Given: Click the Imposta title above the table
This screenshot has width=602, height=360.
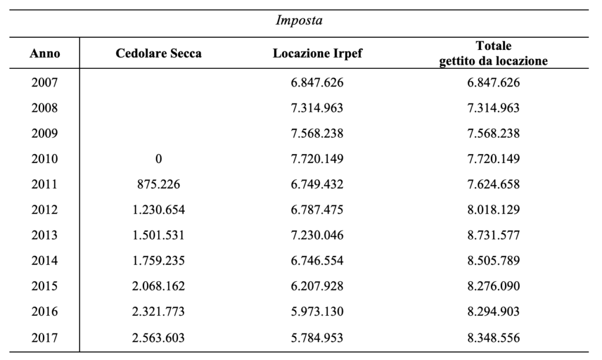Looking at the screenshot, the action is click(x=299, y=20).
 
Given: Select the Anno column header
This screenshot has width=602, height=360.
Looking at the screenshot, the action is click(x=45, y=53).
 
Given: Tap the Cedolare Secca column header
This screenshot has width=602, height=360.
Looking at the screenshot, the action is click(x=159, y=53).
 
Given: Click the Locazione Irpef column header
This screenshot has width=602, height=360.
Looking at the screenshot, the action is click(x=317, y=53).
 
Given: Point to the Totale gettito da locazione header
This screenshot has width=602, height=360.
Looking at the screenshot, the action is click(x=493, y=53).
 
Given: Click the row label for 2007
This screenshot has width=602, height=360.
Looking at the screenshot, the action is click(x=45, y=82).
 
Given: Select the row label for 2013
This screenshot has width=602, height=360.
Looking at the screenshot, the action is click(x=45, y=235).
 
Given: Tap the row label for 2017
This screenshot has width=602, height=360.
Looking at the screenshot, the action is click(x=45, y=337).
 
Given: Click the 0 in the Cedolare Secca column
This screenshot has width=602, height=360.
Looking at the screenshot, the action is click(x=159, y=159).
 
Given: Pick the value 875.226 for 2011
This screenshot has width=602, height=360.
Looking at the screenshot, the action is click(x=159, y=184).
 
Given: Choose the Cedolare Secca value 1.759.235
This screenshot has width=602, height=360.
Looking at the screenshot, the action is click(x=159, y=261).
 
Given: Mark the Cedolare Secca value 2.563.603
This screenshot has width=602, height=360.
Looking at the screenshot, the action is click(x=159, y=337).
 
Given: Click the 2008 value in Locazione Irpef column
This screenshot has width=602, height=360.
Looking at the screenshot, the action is click(x=317, y=108).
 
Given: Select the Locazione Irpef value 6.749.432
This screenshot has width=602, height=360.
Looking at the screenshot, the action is click(x=317, y=184).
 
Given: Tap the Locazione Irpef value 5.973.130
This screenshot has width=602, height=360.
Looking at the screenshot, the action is click(x=317, y=311).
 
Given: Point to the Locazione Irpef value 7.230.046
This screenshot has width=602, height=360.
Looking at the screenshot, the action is click(x=317, y=235).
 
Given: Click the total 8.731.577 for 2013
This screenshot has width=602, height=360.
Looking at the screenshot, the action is click(x=493, y=235).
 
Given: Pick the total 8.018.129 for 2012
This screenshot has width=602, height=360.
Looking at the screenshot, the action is click(x=493, y=209).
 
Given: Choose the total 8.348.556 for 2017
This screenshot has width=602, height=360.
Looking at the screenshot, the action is click(x=493, y=337).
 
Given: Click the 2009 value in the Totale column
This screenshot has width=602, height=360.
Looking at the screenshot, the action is click(x=493, y=133).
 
